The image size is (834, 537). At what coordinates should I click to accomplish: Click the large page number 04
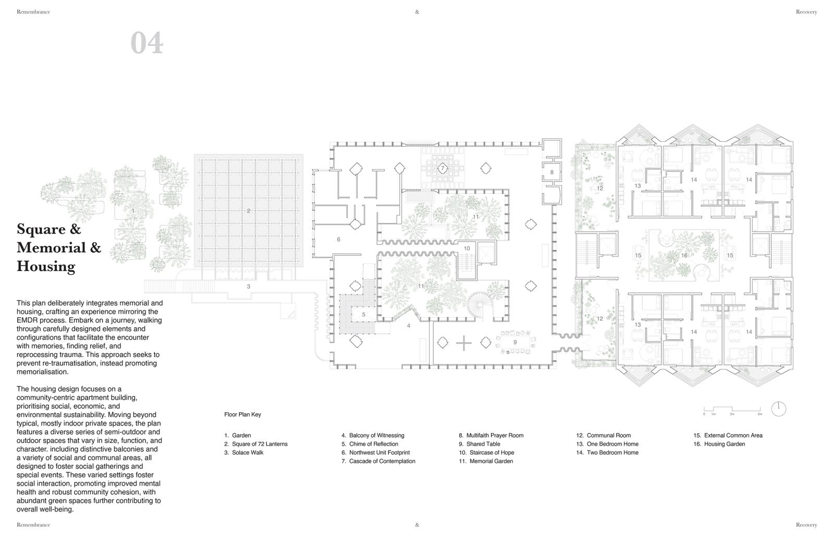point(146,43)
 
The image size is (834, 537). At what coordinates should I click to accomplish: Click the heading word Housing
point(46,267)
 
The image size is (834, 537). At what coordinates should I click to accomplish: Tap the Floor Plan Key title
point(242,414)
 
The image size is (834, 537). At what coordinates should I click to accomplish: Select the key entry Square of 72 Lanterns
point(260,444)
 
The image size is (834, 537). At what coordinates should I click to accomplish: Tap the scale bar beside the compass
point(732,410)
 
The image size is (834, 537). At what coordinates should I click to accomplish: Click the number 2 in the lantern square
point(248,211)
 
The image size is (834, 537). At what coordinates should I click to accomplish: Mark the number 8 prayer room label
point(552,172)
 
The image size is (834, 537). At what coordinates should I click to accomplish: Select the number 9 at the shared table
point(515,342)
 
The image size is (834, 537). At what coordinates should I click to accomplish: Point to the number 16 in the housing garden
point(684,255)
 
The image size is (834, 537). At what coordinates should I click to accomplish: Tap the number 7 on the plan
point(443,168)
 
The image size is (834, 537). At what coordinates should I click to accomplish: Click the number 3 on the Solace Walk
point(248,286)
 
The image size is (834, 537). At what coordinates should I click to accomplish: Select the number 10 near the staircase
point(467,248)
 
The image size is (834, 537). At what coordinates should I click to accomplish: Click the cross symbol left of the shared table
point(463,343)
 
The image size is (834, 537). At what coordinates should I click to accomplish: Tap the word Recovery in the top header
point(806,12)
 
